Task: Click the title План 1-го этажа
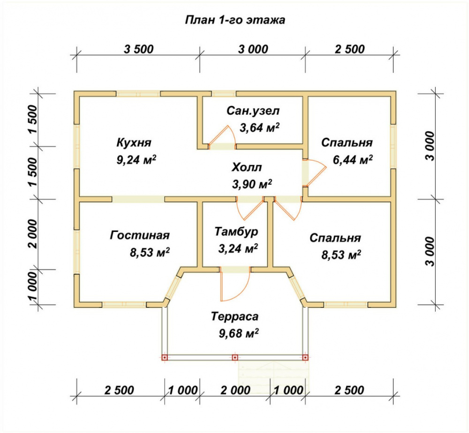pos(235,20)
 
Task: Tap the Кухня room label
pos(134,142)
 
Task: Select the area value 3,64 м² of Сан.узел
pos(259,127)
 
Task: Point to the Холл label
pos(247,167)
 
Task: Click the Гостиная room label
pos(140,235)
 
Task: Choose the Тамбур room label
pos(236,231)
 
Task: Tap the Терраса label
pos(235,316)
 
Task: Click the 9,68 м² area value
pos(239,333)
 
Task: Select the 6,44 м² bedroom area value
pos(353,160)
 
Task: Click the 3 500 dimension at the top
pos(139,49)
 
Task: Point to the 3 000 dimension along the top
pos(253,49)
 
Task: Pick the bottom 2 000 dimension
pos(235,390)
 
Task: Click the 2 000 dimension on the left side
pos(33,234)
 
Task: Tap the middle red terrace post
pos(235,358)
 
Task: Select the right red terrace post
pos(305,358)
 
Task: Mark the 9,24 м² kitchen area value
pos(136,160)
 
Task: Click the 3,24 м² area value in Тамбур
pos(238,248)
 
